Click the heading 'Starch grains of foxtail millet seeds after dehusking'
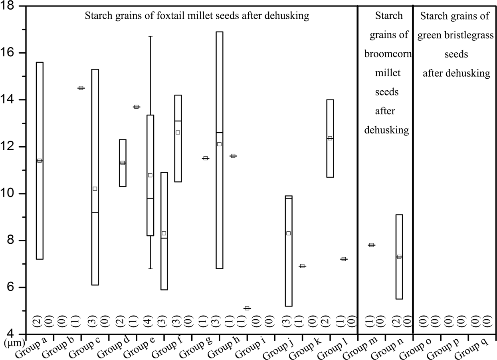(197, 16)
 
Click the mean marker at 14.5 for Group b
(81, 88)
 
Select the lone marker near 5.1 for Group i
(247, 308)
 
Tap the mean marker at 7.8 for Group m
(371, 245)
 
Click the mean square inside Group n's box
(399, 257)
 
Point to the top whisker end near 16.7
(150, 36)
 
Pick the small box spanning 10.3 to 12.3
(123, 163)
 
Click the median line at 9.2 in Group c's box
(95, 212)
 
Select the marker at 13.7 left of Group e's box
(136, 107)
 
